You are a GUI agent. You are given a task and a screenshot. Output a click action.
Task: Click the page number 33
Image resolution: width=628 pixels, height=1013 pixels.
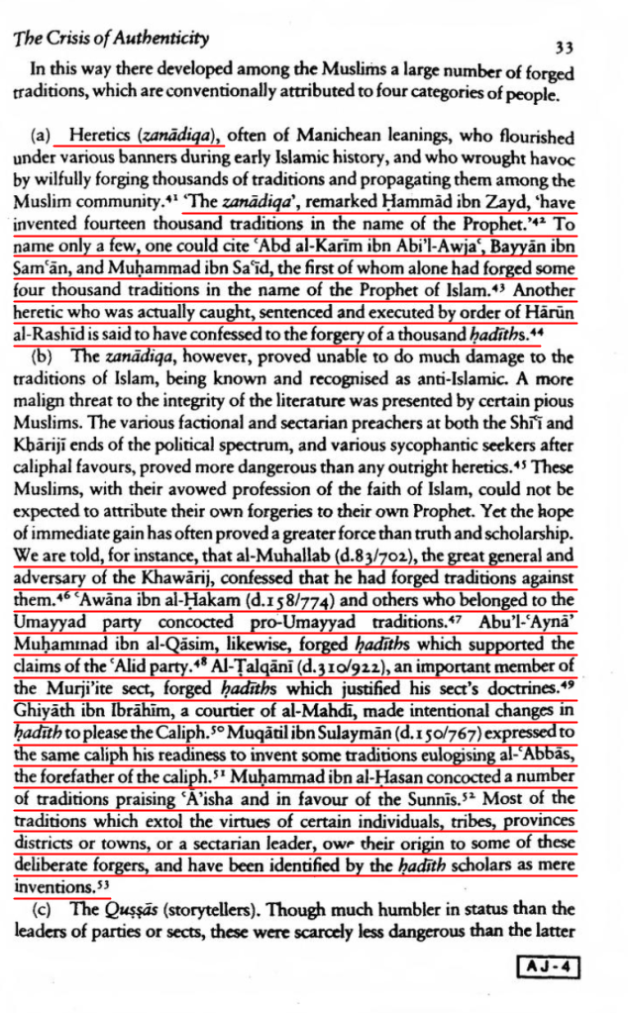point(565,46)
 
